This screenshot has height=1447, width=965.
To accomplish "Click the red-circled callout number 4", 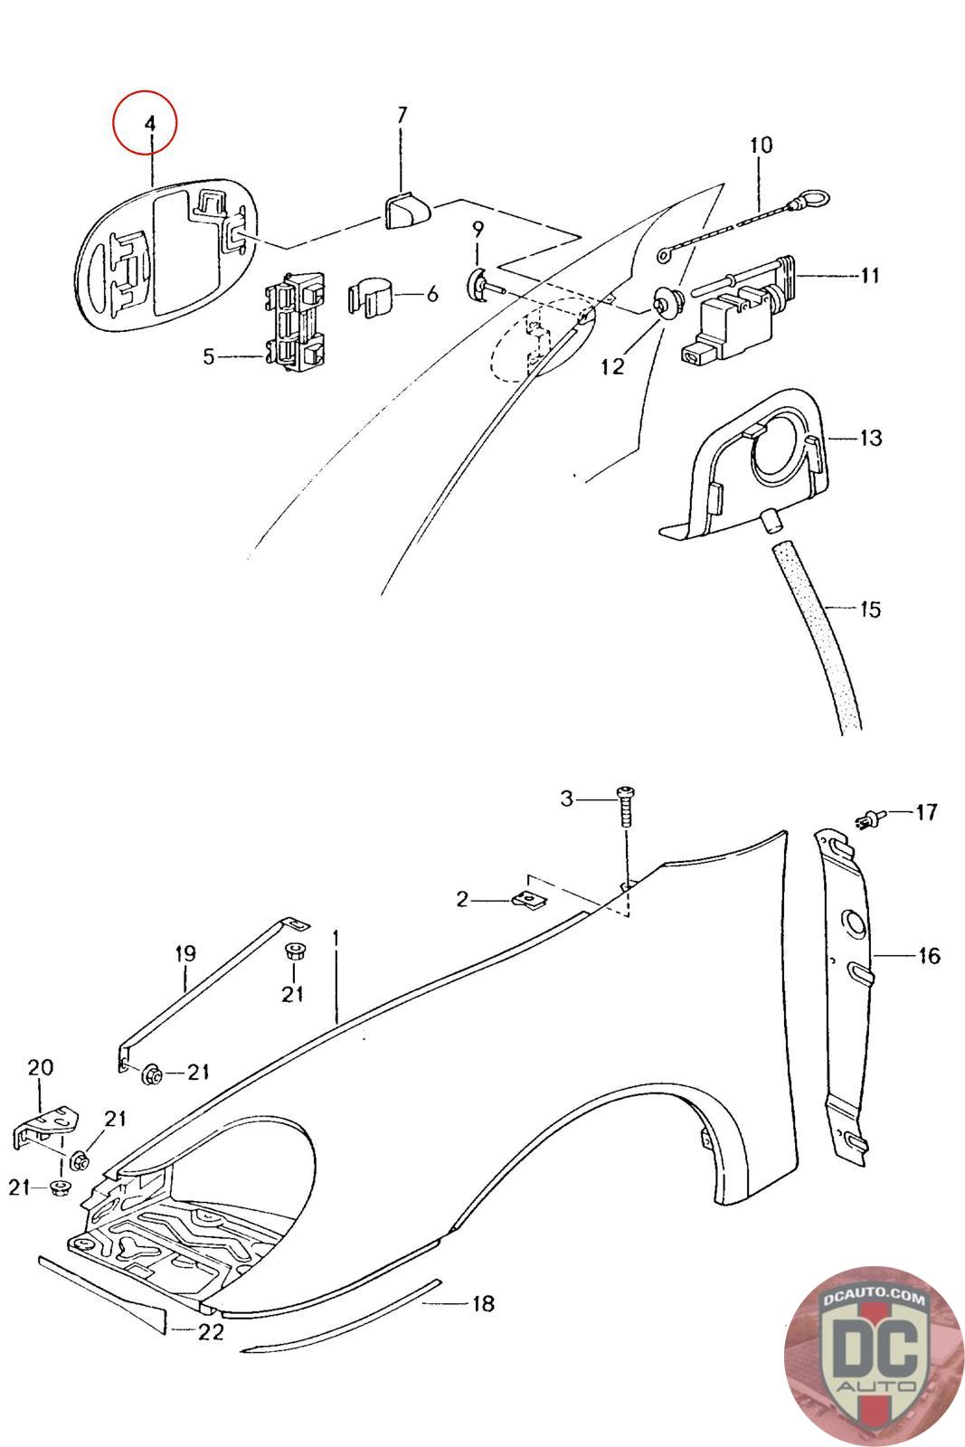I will pos(150,124).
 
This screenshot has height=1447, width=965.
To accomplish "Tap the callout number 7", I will pos(402,115).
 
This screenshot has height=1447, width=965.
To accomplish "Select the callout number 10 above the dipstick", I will pos(761,145).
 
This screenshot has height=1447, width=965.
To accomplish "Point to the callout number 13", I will pos(870,439).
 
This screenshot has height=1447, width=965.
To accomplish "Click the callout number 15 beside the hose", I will pos(868,609).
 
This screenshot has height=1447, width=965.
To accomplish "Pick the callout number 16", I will pos(929,955).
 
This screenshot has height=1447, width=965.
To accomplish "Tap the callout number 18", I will pos(483,1303).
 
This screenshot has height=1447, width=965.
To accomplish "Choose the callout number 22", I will pos(211,1331).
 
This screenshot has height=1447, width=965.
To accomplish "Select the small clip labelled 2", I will pos(525,899).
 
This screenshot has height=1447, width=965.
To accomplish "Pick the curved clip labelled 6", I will pos(371,296).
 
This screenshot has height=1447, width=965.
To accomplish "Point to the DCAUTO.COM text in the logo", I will pos(874,1299).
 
